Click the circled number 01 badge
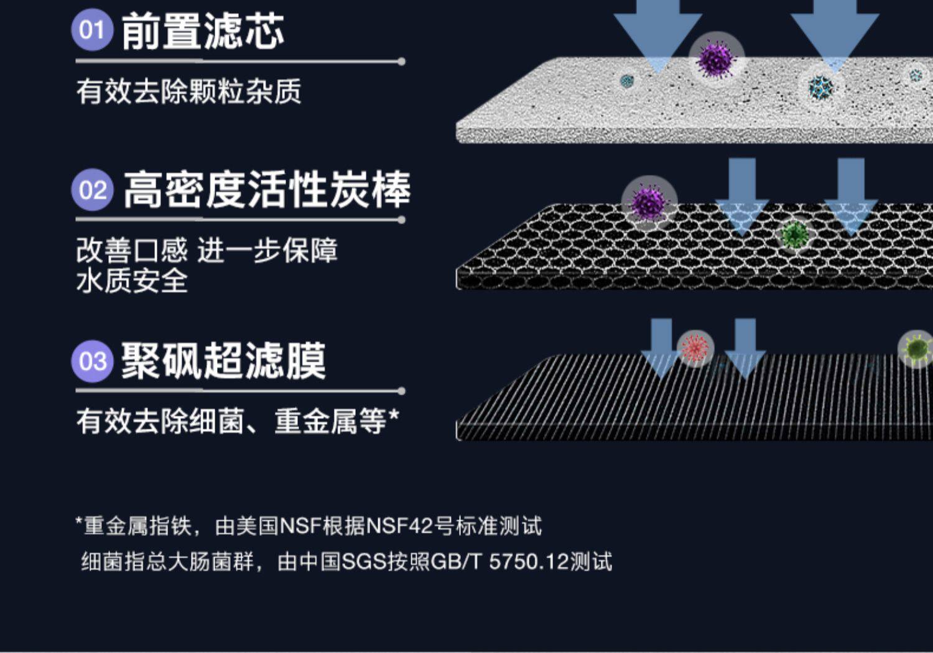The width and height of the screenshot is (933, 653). click(92, 29)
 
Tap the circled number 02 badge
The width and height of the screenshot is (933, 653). click(93, 190)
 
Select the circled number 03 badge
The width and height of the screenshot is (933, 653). click(93, 361)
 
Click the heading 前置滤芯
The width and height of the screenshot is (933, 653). click(203, 31)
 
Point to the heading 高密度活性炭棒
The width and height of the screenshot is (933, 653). click(266, 190)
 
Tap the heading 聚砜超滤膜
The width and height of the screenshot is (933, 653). click(223, 361)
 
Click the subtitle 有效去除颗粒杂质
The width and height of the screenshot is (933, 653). click(188, 91)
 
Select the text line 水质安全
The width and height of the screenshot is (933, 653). click(132, 280)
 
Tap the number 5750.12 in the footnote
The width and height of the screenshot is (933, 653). click(529, 562)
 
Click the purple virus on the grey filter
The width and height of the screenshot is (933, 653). click(716, 58)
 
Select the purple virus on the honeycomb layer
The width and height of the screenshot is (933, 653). click(648, 202)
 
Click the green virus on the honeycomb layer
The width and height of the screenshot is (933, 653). click(794, 234)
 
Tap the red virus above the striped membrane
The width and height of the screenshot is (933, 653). click(695, 348)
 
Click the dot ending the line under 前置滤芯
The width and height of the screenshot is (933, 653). click(402, 62)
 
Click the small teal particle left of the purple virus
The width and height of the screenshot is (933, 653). click(627, 80)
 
